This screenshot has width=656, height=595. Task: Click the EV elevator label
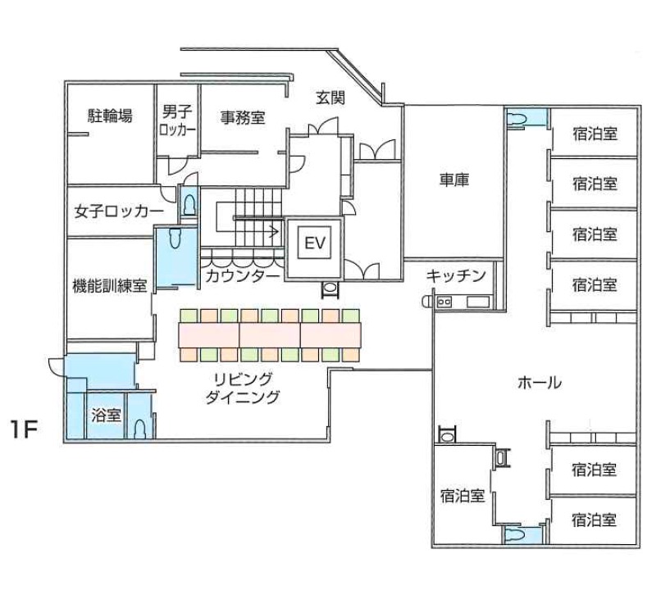point(315,243)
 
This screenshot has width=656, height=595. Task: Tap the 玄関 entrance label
point(330,98)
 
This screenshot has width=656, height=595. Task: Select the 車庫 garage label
point(454,179)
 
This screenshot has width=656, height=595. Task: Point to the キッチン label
point(456,275)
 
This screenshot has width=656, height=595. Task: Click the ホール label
point(540,383)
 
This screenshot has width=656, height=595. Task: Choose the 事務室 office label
point(243,118)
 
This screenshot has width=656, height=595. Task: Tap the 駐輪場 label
point(110,116)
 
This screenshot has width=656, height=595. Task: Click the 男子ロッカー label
point(177,120)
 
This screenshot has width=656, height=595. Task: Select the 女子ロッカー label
point(119,211)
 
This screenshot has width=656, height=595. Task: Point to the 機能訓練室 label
point(110,286)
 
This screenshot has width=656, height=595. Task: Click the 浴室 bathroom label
point(107,416)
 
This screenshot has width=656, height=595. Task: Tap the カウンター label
point(243,276)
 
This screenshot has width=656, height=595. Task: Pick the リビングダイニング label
point(243,388)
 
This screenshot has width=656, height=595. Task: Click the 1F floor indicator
point(25,429)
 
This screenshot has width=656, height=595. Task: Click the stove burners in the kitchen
point(444,302)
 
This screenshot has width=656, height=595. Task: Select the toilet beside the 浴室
point(139,429)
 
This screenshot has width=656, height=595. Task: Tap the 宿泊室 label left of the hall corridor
point(462,496)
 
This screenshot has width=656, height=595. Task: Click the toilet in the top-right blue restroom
point(517,118)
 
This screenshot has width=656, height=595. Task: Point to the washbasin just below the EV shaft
point(330,289)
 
